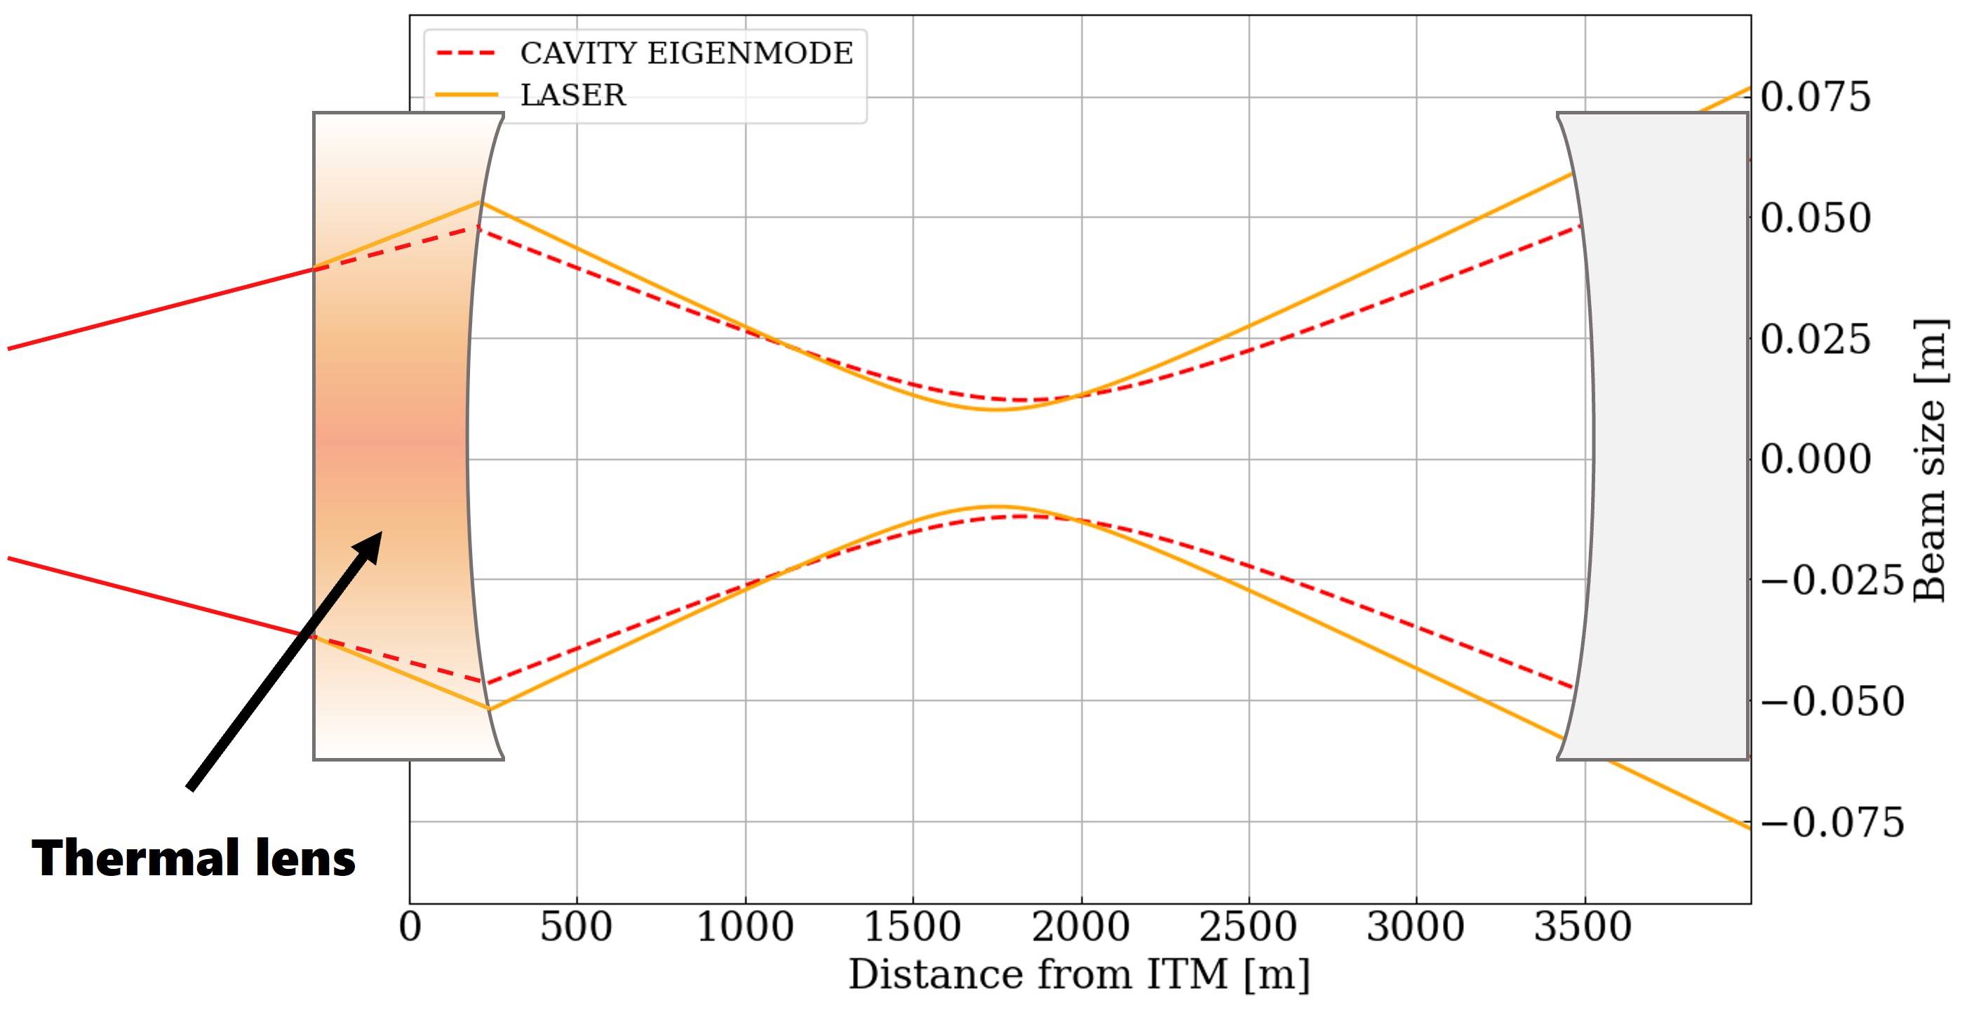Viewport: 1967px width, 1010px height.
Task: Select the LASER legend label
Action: (x=572, y=95)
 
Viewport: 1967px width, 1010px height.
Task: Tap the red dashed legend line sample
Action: (x=466, y=53)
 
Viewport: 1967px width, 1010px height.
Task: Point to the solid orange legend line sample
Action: (x=466, y=95)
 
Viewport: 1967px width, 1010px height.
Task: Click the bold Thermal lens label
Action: (x=193, y=858)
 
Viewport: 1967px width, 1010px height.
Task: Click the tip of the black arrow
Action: (x=382, y=532)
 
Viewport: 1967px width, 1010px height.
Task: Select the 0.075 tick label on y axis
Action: (x=1815, y=97)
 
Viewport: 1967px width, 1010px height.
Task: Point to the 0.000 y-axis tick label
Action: (x=1815, y=459)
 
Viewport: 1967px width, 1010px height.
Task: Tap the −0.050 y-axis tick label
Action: (x=1832, y=701)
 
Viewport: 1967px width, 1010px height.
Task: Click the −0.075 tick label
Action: (x=1832, y=823)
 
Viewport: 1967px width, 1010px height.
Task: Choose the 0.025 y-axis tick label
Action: (x=1815, y=338)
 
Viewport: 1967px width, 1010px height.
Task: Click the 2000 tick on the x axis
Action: (x=1080, y=926)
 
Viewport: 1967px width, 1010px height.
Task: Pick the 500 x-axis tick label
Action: (x=577, y=926)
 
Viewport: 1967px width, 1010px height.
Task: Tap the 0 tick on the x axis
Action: (x=410, y=926)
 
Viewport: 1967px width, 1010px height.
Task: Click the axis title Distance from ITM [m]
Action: (x=1079, y=975)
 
